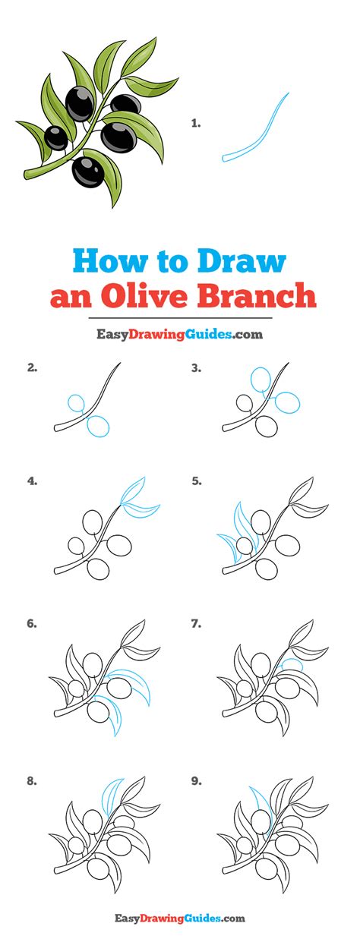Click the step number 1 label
pyautogui.click(x=196, y=123)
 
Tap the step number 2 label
pyautogui.click(x=33, y=368)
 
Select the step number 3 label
pyautogui.click(x=196, y=368)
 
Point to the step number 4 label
pyautogui.click(x=33, y=481)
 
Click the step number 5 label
pyautogui.click(x=197, y=481)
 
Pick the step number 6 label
pyautogui.click(x=33, y=624)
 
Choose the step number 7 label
pyautogui.click(x=197, y=624)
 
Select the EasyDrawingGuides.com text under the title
pyautogui.click(x=180, y=334)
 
